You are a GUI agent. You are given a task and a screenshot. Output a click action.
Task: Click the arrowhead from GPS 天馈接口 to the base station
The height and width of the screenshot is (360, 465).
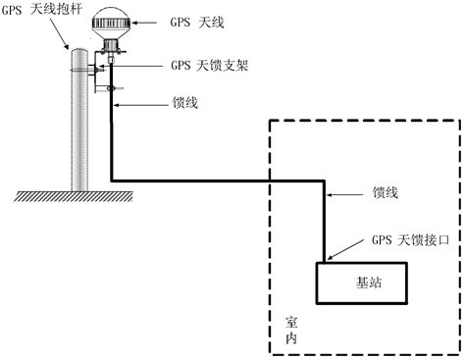click(330, 232)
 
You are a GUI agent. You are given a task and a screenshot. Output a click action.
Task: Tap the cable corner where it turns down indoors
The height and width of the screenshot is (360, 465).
click(324, 180)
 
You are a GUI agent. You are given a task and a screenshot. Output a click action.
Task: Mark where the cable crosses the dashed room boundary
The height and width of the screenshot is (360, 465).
click(270, 180)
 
